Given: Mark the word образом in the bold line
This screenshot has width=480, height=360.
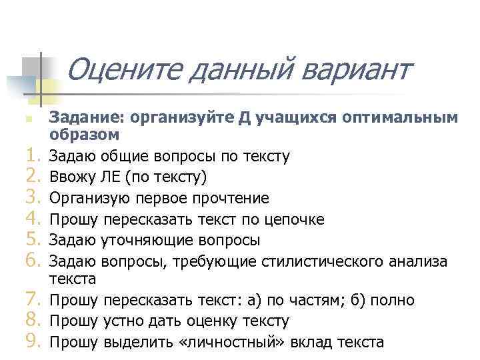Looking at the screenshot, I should point(84,135).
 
